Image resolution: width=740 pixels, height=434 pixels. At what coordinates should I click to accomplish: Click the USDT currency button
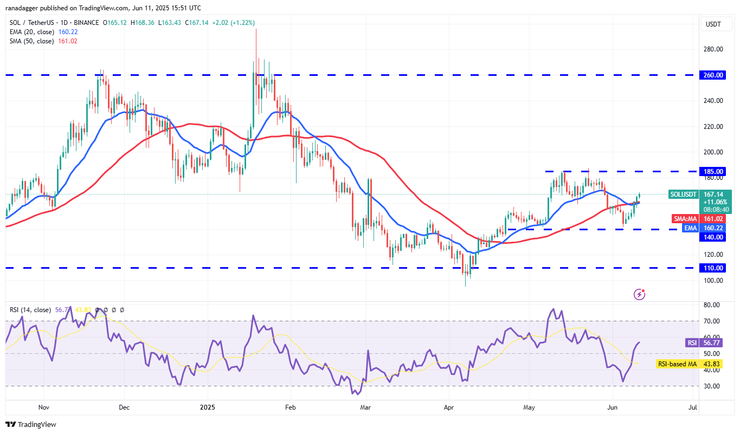click(712, 24)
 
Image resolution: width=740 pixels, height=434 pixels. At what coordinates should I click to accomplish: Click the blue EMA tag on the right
click(690, 228)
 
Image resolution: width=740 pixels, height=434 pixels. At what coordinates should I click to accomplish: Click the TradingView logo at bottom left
click(31, 424)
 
